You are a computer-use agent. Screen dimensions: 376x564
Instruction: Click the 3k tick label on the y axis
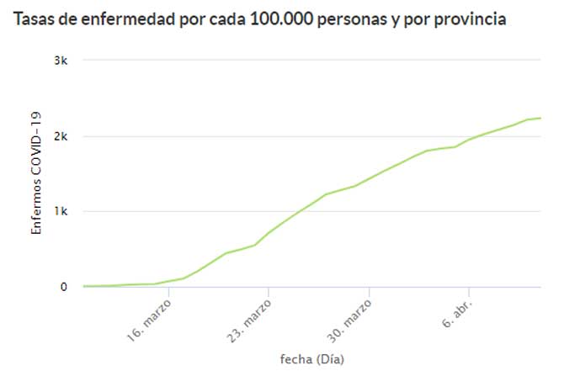[x=61, y=61]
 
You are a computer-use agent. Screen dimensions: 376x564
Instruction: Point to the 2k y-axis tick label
[x=61, y=136]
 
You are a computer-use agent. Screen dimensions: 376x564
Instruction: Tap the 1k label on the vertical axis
[x=61, y=212]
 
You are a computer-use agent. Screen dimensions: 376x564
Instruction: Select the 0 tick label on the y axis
[x=63, y=287]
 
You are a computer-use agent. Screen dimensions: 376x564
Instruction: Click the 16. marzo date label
[x=151, y=318]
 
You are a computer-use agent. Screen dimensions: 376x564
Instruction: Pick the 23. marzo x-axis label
[x=250, y=318]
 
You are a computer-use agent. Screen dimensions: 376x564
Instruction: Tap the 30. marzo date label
[x=350, y=318]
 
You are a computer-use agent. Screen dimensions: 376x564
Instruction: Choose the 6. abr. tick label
[x=456, y=312]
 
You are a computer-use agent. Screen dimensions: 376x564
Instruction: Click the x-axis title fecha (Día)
[x=311, y=359]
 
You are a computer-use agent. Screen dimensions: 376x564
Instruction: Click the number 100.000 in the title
[x=282, y=19]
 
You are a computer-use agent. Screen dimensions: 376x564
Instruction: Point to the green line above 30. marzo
[x=370, y=177]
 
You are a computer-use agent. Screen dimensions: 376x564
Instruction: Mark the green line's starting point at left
[x=83, y=286]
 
